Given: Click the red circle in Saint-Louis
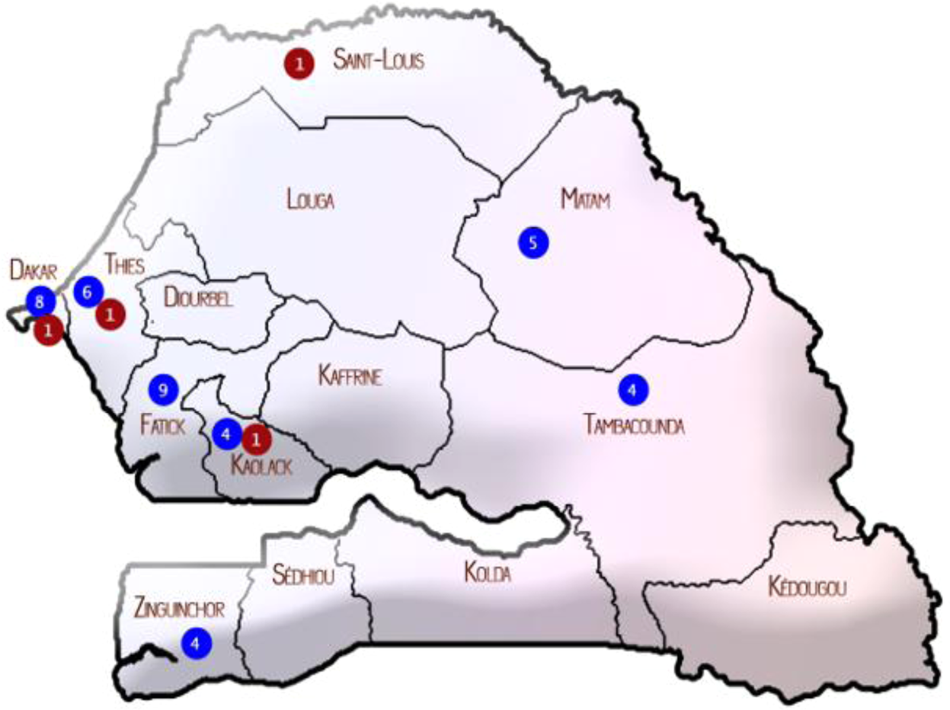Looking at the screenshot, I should click(x=300, y=63).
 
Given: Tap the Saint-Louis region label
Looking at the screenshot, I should click(x=379, y=61).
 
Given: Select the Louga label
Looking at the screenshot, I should click(x=311, y=200).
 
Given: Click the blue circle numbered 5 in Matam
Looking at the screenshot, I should click(x=533, y=243).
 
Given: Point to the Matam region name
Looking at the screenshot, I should click(x=587, y=200).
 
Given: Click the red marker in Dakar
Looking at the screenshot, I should click(x=48, y=330).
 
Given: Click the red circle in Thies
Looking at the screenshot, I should click(x=111, y=313).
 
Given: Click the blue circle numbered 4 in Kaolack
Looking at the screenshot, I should click(x=226, y=434).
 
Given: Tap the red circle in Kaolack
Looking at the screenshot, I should click(x=257, y=438).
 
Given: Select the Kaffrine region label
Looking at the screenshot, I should click(x=350, y=376).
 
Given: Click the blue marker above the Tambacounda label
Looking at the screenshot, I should click(x=632, y=389).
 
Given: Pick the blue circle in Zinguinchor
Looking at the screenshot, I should click(x=196, y=642).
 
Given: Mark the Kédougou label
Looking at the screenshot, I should click(x=808, y=587).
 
